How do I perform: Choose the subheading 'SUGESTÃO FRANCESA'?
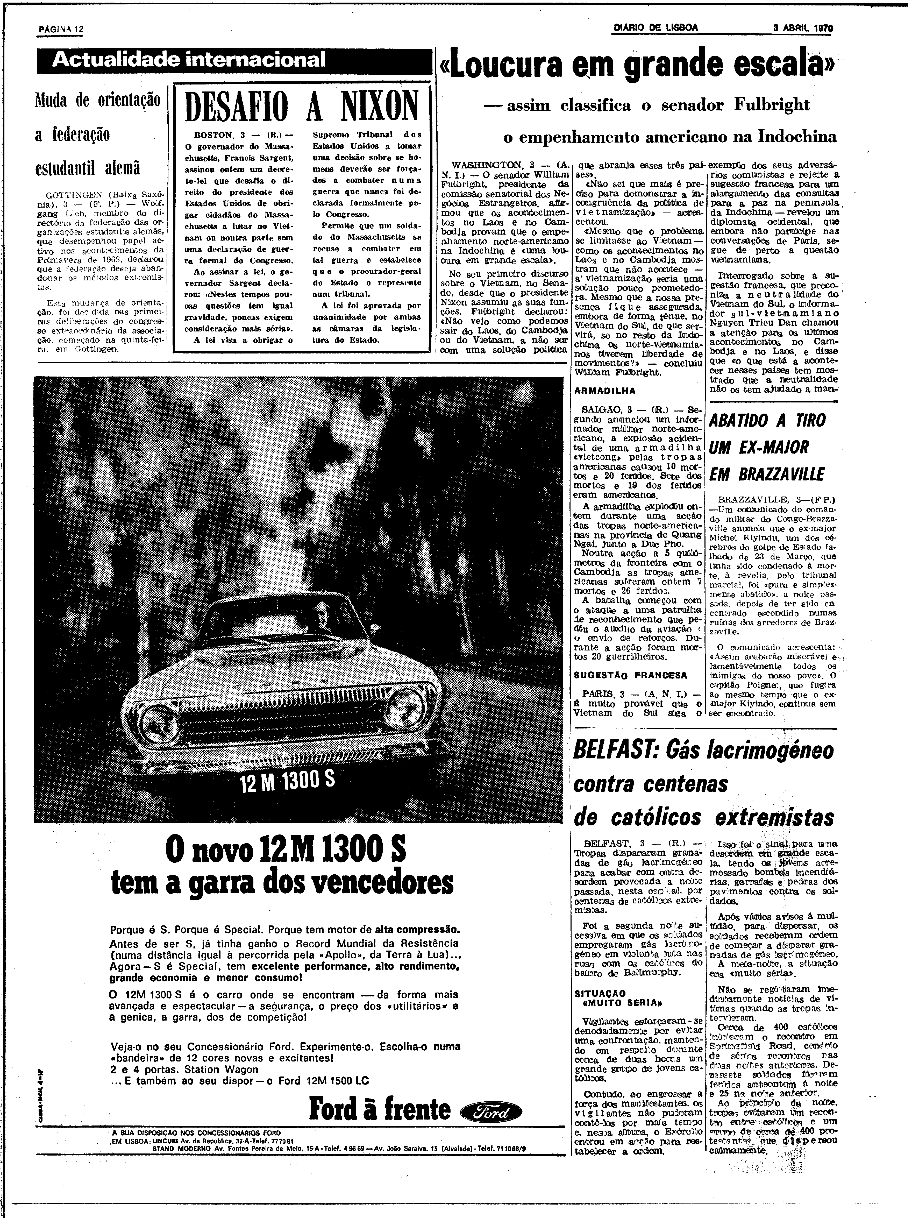click(x=630, y=675)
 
